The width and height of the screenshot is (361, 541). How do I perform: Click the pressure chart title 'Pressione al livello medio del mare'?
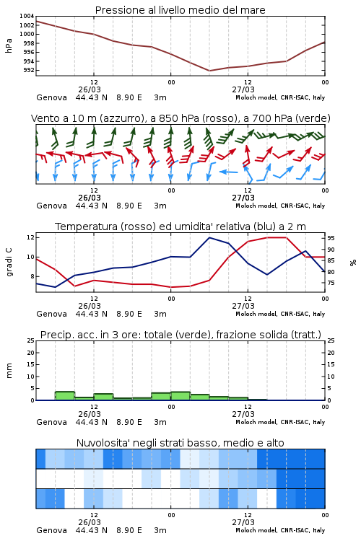click(180, 10)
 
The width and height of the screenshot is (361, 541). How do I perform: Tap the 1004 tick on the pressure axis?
click(27, 16)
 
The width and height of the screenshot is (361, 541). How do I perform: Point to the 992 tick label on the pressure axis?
click(28, 71)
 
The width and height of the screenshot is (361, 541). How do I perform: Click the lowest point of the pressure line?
click(209, 71)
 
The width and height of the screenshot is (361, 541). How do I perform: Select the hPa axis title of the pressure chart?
click(9, 45)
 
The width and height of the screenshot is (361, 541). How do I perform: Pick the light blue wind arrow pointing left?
click(229, 172)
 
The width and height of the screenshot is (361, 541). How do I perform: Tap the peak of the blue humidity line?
click(209, 237)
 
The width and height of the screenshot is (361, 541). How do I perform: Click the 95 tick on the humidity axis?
click(331, 239)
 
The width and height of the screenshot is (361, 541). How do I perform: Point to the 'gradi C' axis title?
click(9, 262)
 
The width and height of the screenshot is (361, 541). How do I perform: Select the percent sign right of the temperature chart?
click(353, 263)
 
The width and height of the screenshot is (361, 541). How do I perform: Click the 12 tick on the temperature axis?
click(30, 237)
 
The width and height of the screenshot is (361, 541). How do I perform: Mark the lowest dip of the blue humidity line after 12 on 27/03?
click(267, 275)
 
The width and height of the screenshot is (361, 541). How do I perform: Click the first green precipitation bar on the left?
click(65, 396)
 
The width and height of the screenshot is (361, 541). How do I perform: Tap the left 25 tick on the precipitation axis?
click(31, 340)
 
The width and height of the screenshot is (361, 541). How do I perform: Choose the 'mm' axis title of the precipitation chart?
click(9, 371)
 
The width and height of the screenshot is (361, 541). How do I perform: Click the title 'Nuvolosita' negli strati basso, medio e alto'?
click(180, 443)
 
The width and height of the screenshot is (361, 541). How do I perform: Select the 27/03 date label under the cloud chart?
click(243, 522)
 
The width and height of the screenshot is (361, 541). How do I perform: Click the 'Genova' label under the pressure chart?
click(51, 97)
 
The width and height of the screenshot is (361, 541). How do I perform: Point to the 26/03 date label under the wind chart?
click(90, 198)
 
